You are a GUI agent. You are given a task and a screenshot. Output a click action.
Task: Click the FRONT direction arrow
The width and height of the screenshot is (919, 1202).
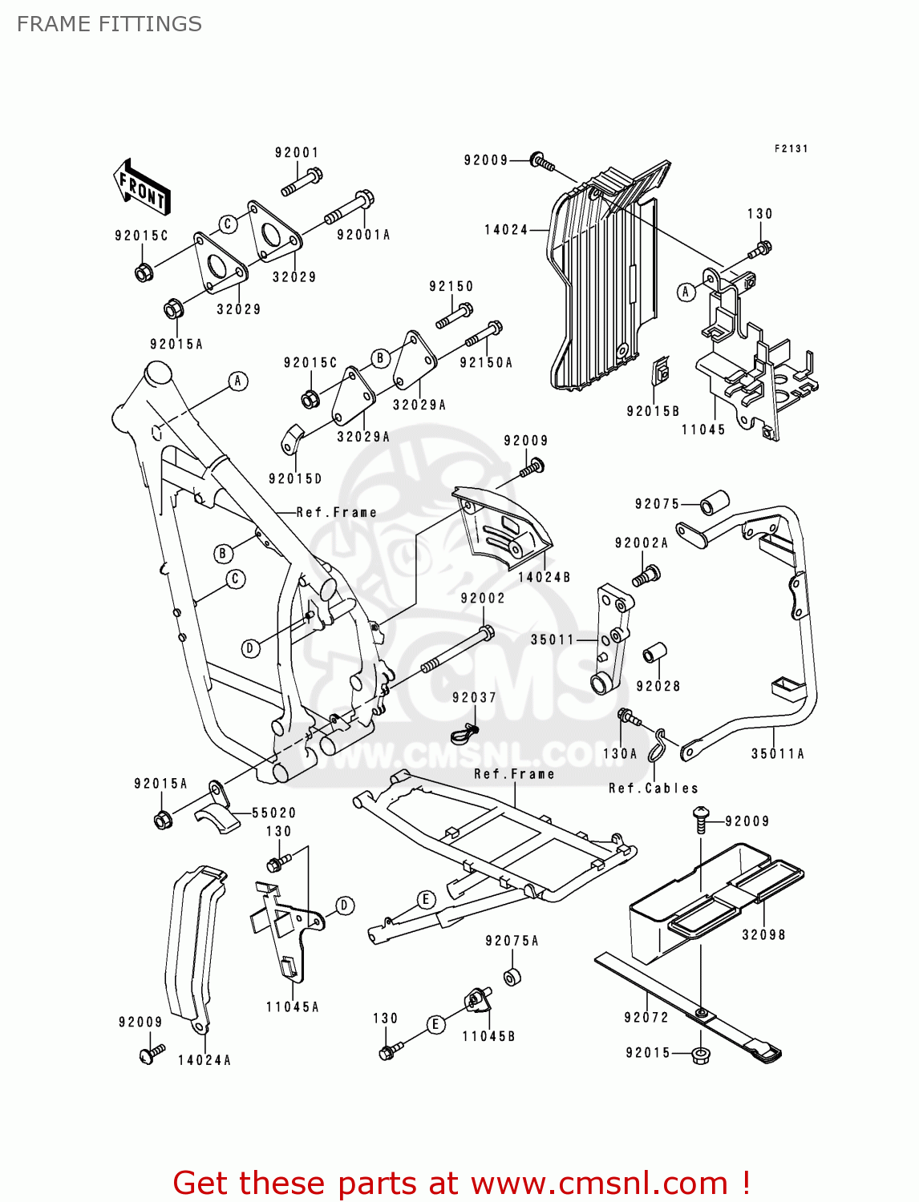[x=141, y=188]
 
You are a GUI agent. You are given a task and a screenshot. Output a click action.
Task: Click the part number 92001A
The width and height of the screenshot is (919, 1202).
[x=363, y=235]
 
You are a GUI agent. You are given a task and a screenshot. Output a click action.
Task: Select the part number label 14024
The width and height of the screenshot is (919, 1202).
[x=506, y=230]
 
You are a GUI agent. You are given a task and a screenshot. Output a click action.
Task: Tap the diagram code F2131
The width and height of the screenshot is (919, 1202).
[x=791, y=149]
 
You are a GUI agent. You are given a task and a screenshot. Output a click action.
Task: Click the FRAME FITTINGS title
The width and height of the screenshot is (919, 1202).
[x=109, y=24]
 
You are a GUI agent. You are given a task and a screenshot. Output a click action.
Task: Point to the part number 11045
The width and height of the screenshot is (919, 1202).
[x=703, y=430]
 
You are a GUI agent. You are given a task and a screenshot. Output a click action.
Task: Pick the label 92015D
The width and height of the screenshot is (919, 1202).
[x=295, y=478]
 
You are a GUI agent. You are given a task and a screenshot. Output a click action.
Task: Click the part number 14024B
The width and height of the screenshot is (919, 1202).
[x=544, y=577]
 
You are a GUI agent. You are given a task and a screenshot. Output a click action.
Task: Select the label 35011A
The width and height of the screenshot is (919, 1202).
[x=777, y=753]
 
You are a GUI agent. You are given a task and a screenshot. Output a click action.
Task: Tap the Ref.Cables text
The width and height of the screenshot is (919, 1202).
[x=654, y=789]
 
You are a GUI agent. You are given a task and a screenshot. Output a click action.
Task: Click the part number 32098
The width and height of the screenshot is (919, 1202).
[x=763, y=934]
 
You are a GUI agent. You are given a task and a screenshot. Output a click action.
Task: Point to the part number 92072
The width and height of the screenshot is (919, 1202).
[x=646, y=1017]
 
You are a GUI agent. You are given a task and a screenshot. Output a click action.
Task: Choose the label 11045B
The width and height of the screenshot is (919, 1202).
[x=488, y=1036]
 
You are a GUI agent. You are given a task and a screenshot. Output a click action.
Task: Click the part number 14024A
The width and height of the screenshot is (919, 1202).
[x=204, y=1060]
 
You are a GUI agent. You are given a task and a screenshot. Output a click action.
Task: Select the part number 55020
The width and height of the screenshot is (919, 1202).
[x=273, y=813]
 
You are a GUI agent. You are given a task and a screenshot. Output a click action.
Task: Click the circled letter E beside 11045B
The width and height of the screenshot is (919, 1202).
[x=435, y=1024]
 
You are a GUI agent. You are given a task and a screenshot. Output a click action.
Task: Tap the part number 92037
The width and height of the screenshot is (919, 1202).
[x=474, y=697]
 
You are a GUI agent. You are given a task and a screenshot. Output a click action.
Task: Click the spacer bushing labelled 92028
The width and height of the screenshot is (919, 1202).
[x=654, y=654]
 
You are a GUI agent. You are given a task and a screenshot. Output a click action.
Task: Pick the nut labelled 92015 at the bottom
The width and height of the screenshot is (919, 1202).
[x=700, y=1054]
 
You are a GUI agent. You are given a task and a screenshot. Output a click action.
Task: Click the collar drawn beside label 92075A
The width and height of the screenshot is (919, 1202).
[x=512, y=977]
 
